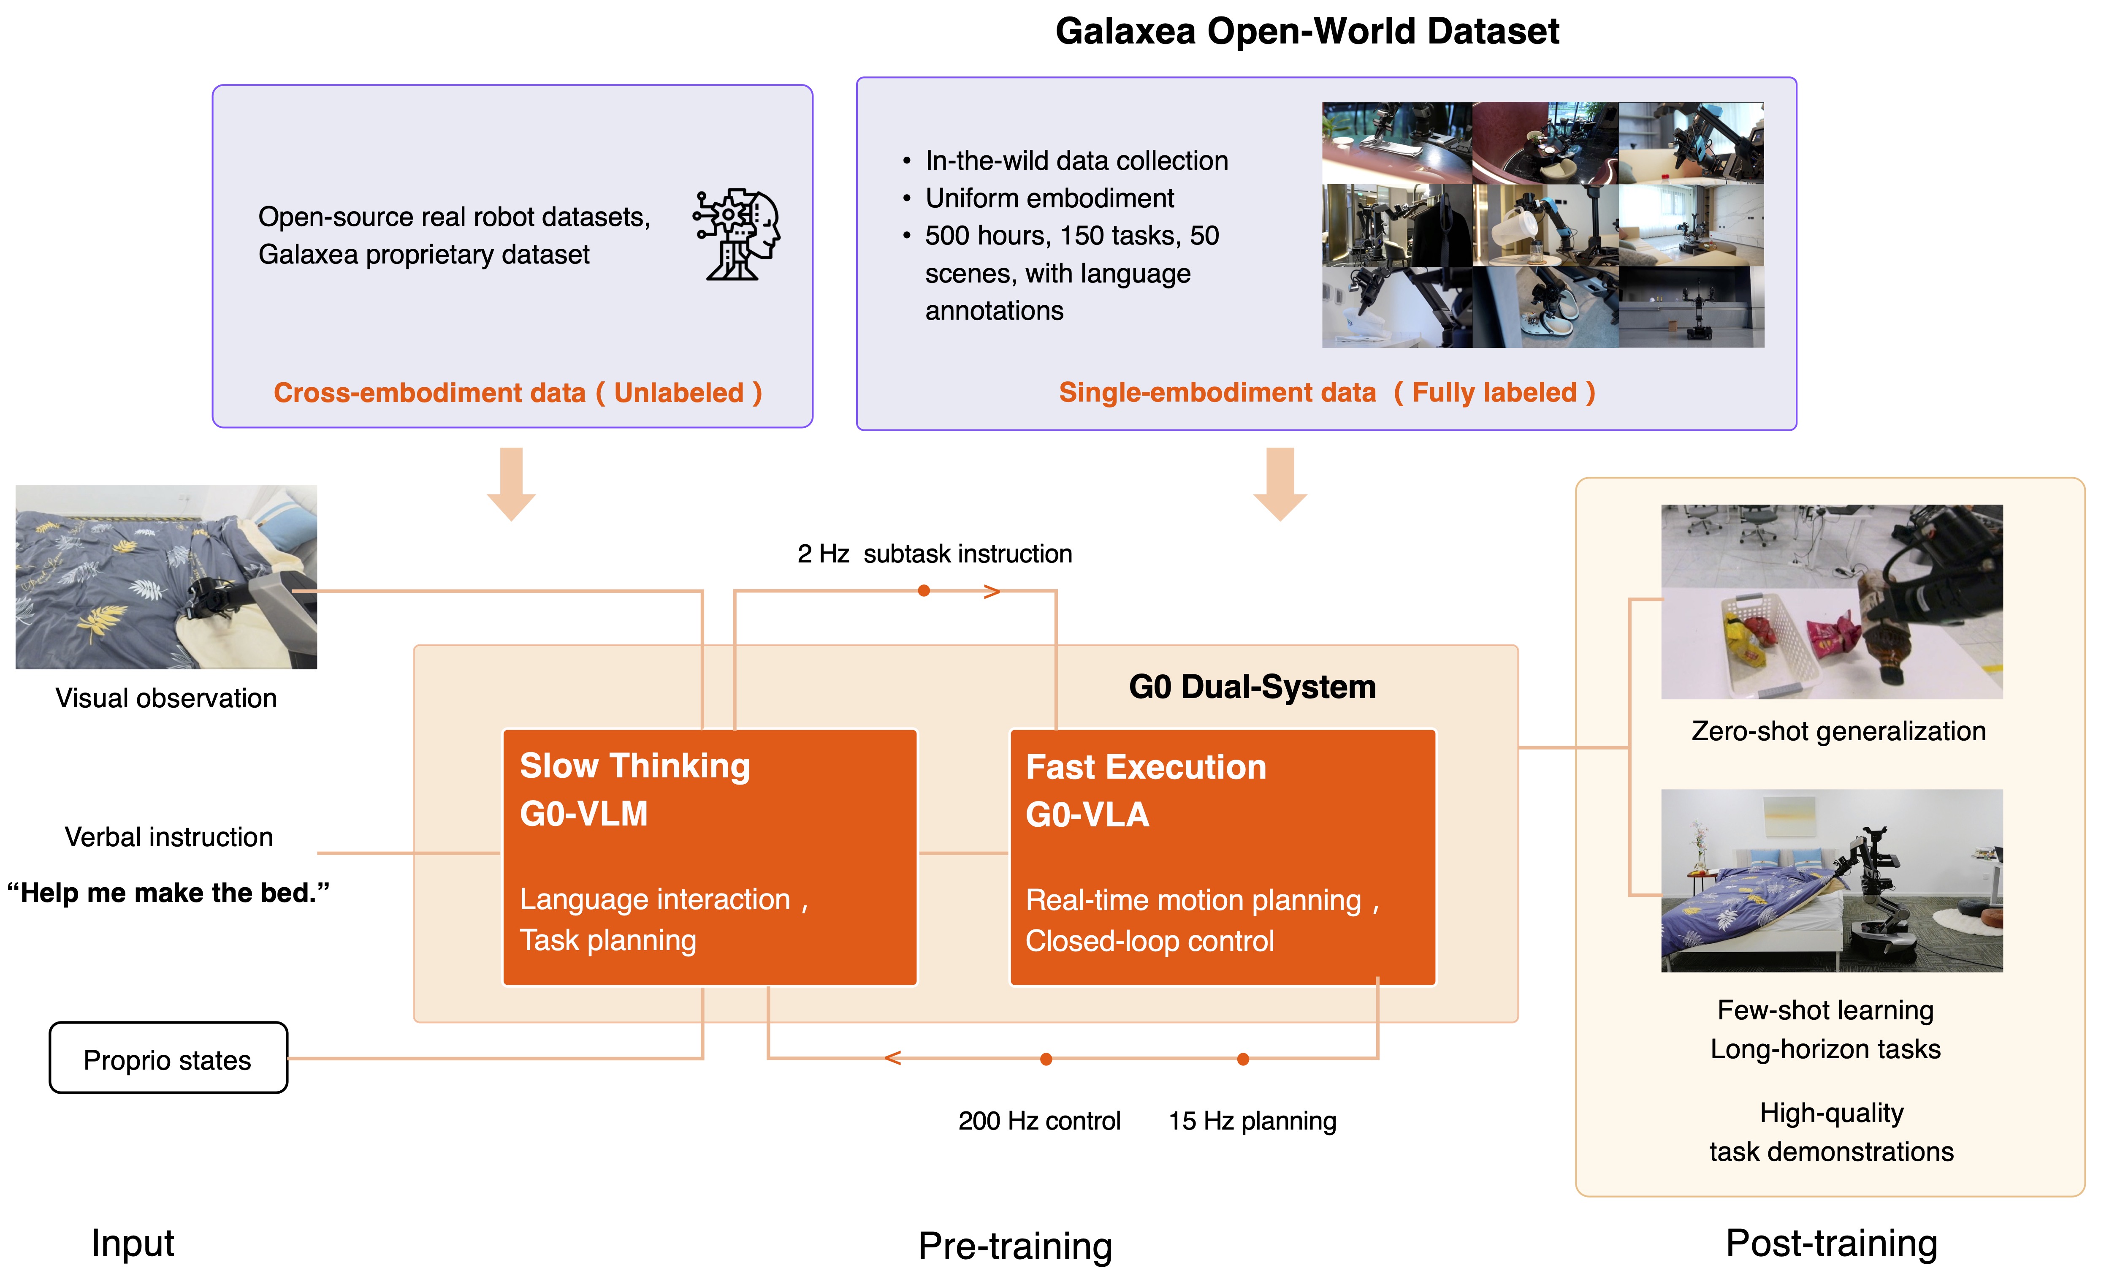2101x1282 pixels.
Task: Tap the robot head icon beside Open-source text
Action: pyautogui.click(x=737, y=234)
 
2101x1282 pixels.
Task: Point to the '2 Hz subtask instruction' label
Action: pyautogui.click(x=935, y=554)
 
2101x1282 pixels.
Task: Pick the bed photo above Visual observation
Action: pyautogui.click(x=166, y=576)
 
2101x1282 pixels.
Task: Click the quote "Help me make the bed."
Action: pyautogui.click(x=168, y=892)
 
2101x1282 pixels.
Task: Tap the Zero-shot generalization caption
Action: pyautogui.click(x=1838, y=731)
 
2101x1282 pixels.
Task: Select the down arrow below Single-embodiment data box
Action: pyautogui.click(x=1280, y=483)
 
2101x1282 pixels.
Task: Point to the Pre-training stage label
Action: pyautogui.click(x=1015, y=1245)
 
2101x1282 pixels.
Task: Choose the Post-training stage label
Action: pyautogui.click(x=1831, y=1243)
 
